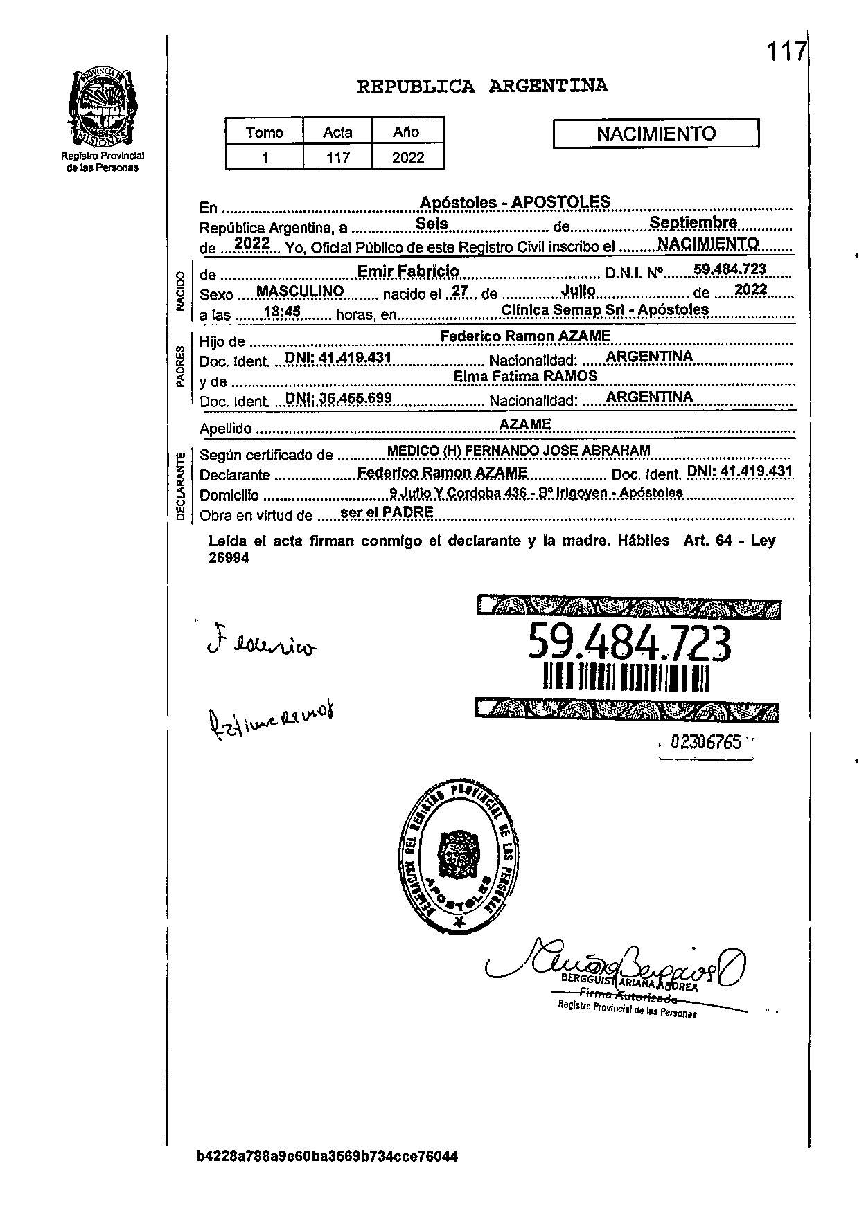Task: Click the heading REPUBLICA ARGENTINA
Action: (x=482, y=87)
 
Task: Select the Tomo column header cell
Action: (x=265, y=132)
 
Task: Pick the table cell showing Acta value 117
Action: (x=338, y=158)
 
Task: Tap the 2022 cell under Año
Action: (x=408, y=158)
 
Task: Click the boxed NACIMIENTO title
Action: (x=655, y=134)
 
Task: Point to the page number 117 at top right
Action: (x=786, y=51)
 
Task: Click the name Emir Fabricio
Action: (x=408, y=271)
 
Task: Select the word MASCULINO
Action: (x=300, y=291)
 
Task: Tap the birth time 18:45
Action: (x=282, y=312)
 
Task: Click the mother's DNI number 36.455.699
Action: (x=339, y=398)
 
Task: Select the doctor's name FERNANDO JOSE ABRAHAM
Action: (x=557, y=451)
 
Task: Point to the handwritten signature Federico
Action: (x=262, y=644)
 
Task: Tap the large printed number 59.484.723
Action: (x=629, y=642)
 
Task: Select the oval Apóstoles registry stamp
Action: (x=459, y=860)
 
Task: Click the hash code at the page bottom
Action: (x=327, y=1157)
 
